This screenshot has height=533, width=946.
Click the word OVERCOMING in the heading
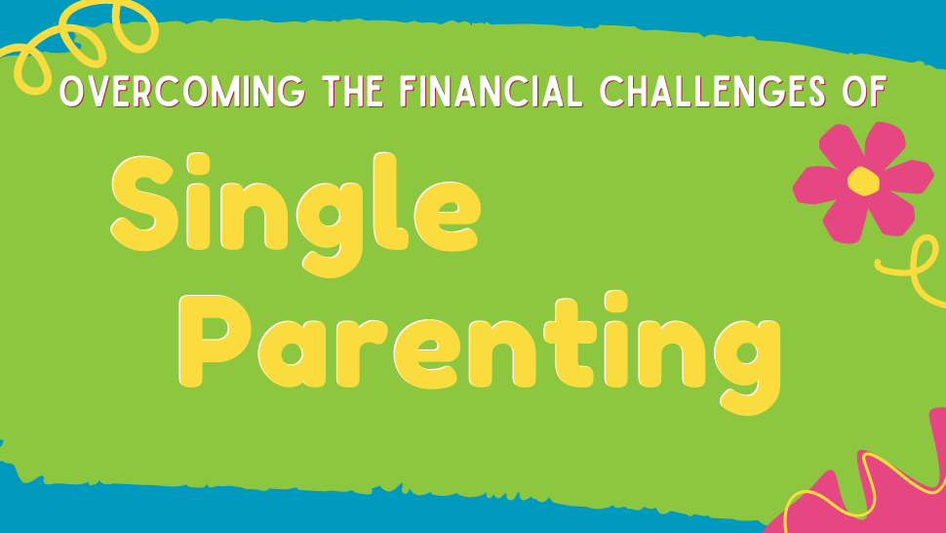[x=182, y=92]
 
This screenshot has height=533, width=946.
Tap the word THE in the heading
[x=353, y=92]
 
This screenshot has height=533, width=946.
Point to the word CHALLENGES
[x=713, y=92]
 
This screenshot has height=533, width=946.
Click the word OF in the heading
[x=864, y=92]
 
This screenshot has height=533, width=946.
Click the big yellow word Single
[x=296, y=214]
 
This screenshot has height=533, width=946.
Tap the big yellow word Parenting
[x=480, y=353]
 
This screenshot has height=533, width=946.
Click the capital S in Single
[x=144, y=203]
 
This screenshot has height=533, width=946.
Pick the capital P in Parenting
[x=215, y=341]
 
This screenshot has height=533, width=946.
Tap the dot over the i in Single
[x=198, y=164]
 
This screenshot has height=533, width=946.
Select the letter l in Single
[x=389, y=201]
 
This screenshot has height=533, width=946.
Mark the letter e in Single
[x=448, y=216]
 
